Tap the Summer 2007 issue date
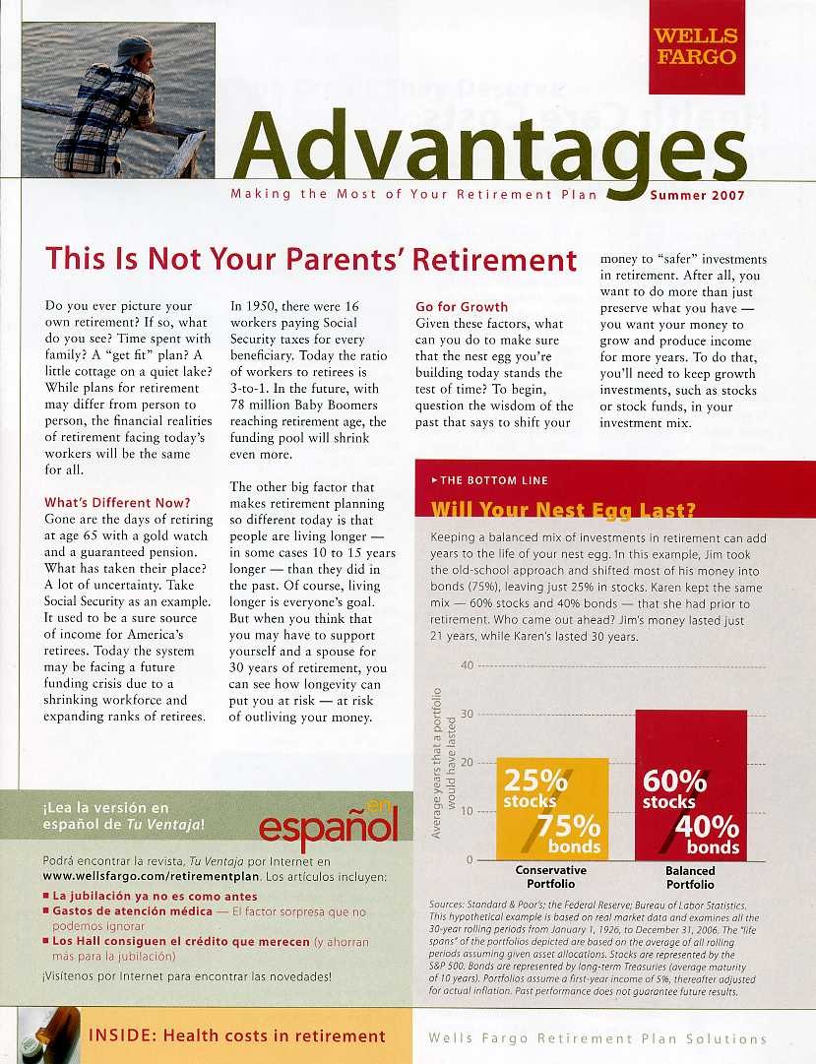point(697,195)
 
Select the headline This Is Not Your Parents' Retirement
point(311,260)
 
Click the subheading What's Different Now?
point(117,503)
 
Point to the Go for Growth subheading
point(462,307)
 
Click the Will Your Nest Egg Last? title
point(564,510)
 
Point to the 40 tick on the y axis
point(467,666)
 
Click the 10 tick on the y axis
point(467,811)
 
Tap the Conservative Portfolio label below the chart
point(550,877)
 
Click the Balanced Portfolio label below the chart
point(690,877)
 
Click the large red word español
point(328,827)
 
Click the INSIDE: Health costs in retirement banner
point(237,1035)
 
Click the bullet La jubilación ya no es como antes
point(155,897)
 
